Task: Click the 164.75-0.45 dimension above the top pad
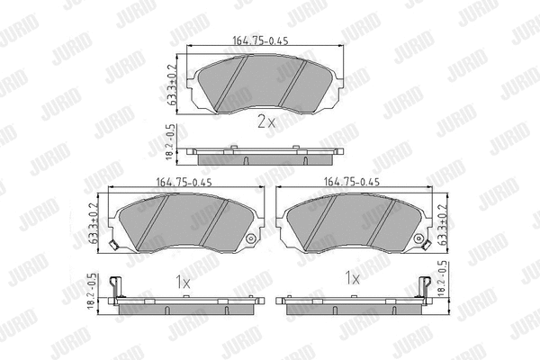tap(260, 40)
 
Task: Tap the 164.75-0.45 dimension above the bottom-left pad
tap(184, 182)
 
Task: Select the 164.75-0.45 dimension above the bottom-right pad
tap(352, 182)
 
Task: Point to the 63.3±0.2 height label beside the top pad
tap(172, 85)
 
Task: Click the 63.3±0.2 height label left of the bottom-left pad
tap(94, 223)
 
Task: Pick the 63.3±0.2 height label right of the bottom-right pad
tap(442, 225)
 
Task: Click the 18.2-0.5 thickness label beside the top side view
tap(172, 142)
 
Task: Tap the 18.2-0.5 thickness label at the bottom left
tap(93, 292)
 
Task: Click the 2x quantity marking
tap(266, 121)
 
